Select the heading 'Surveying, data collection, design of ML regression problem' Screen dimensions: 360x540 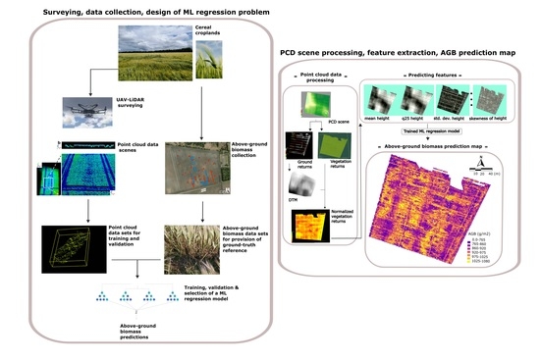(146, 10)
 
